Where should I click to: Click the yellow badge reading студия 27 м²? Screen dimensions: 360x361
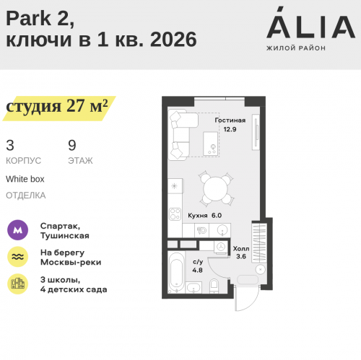[x=58, y=107]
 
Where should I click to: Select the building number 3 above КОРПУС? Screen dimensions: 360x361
[x=9, y=144]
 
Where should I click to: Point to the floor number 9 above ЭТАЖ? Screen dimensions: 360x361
[x=71, y=144]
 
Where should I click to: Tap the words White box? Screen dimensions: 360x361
[x=25, y=178]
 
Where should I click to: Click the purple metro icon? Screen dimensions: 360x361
[x=17, y=230]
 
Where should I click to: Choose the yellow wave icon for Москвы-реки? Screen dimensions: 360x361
[x=17, y=257]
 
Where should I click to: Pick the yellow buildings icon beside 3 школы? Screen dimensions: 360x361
[x=17, y=284]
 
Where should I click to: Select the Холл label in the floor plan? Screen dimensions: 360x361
[x=241, y=247]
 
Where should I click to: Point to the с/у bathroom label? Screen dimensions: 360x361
[x=197, y=261]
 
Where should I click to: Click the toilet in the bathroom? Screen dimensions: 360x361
[x=212, y=288]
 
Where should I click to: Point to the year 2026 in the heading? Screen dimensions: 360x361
[x=174, y=40]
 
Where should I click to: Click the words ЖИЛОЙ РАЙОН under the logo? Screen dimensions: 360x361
[x=296, y=48]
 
